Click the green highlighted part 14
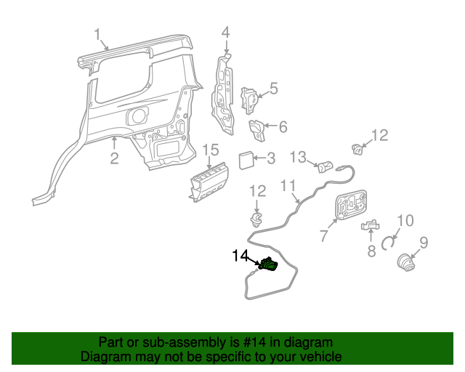click(268, 266)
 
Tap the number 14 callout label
click(241, 256)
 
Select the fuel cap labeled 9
click(405, 264)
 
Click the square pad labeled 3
click(246, 159)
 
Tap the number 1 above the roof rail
click(97, 35)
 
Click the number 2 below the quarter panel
click(114, 158)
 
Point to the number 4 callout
click(225, 32)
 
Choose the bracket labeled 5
click(249, 100)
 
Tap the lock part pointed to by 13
click(325, 168)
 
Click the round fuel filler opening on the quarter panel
click(137, 115)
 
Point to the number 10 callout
click(405, 219)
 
